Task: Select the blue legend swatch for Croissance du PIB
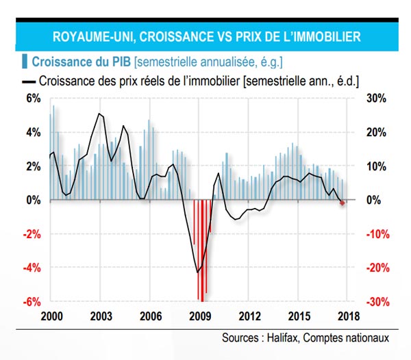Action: coord(25,62)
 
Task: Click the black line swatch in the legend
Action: coord(30,80)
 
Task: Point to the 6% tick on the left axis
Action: coord(34,98)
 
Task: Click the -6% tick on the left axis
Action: coord(32,301)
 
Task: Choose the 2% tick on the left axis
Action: coord(34,166)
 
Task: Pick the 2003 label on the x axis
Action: coord(101,317)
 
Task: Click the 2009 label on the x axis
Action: coord(199,317)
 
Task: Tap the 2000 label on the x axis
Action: coord(51,317)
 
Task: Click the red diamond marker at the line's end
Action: coord(343,203)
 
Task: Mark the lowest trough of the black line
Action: coord(197,272)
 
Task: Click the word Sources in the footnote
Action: coord(238,338)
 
